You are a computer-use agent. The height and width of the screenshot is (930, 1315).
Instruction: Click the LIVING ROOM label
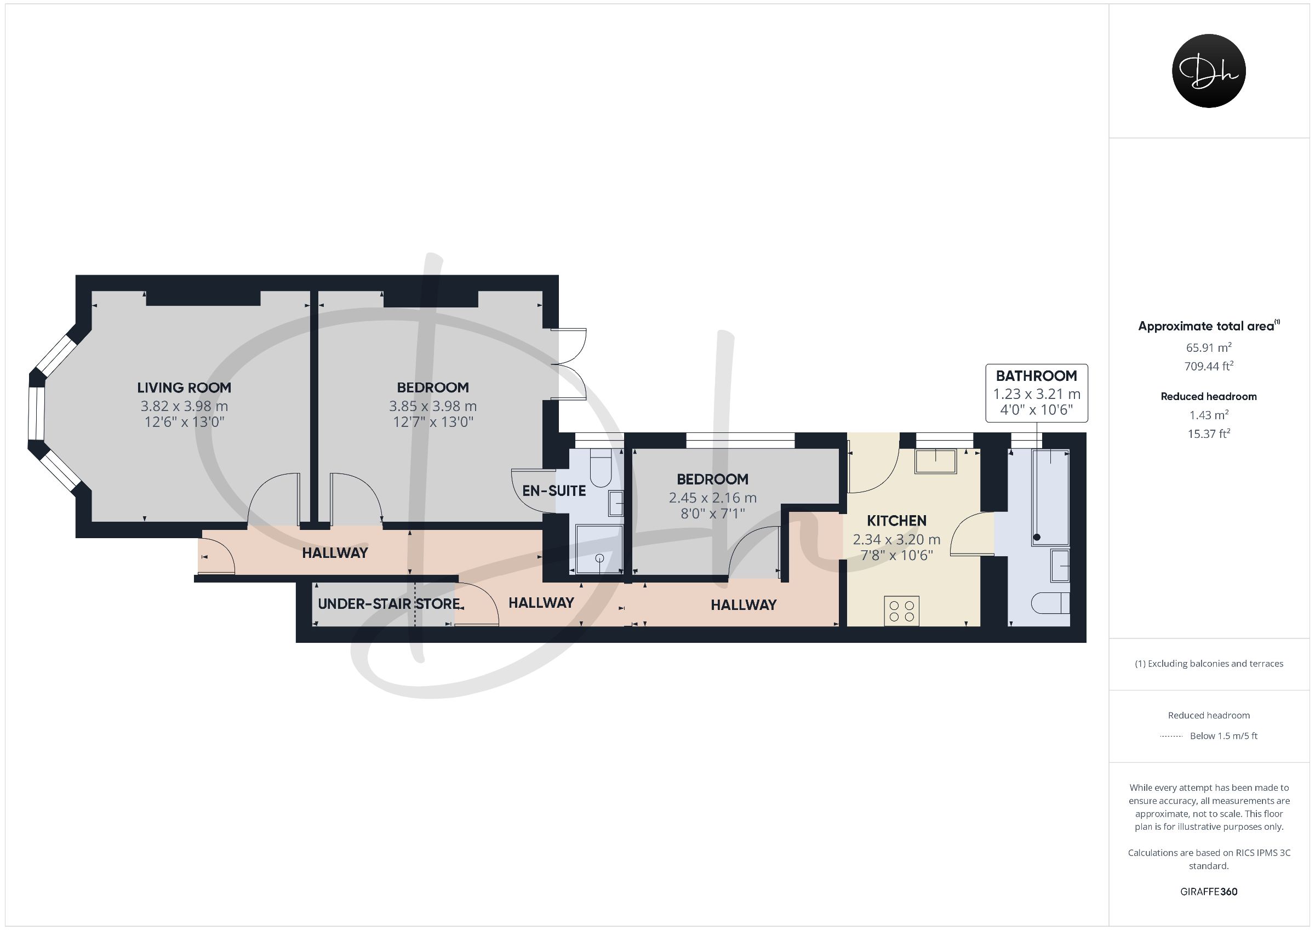184,387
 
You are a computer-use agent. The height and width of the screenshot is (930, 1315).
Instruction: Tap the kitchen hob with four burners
902,611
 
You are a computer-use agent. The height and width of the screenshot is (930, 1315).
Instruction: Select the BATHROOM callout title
1036,376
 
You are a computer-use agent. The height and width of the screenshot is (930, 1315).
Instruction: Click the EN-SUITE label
554,490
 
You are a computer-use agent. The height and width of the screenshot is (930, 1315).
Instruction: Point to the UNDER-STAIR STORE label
389,603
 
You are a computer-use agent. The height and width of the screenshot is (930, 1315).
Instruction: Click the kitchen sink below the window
936,461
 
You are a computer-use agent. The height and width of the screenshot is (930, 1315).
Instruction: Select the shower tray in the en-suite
599,549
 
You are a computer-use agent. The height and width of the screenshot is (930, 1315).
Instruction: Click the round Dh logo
1209,71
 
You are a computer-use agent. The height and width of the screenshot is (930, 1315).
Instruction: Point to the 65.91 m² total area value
1209,347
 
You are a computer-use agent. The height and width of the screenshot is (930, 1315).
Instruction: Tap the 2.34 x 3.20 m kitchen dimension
896,539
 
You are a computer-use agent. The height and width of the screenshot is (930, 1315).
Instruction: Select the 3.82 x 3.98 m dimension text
184,406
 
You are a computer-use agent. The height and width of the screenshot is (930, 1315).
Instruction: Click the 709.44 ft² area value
1209,366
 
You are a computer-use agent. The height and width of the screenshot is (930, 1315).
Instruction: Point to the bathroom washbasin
1060,566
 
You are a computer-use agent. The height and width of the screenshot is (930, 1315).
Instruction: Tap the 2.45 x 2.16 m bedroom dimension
712,498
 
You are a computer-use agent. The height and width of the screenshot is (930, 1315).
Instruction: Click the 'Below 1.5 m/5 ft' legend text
1223,736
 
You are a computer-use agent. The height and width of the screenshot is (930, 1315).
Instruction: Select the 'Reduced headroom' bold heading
1209,397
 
